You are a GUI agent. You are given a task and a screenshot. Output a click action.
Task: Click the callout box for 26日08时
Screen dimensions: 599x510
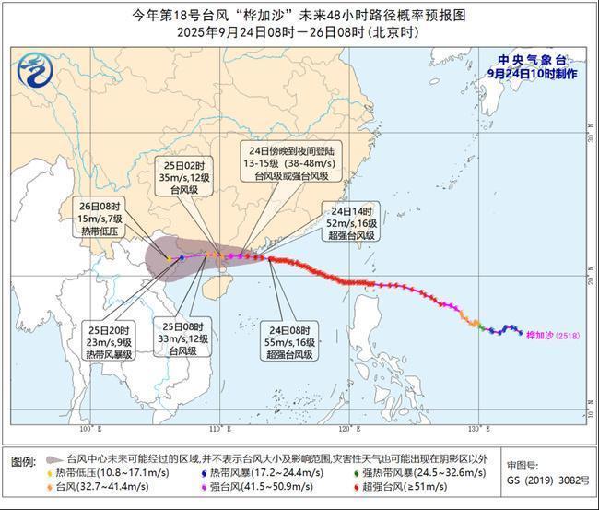[x=100, y=219]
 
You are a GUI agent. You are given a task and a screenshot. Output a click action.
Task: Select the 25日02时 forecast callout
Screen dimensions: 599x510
[x=182, y=176]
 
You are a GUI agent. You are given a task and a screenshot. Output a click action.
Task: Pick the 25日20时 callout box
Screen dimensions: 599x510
[x=110, y=340]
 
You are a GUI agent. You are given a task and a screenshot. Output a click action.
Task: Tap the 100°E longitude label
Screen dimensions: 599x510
[x=88, y=429]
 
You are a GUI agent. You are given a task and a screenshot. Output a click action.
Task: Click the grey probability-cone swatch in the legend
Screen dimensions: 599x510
[x=53, y=457]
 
